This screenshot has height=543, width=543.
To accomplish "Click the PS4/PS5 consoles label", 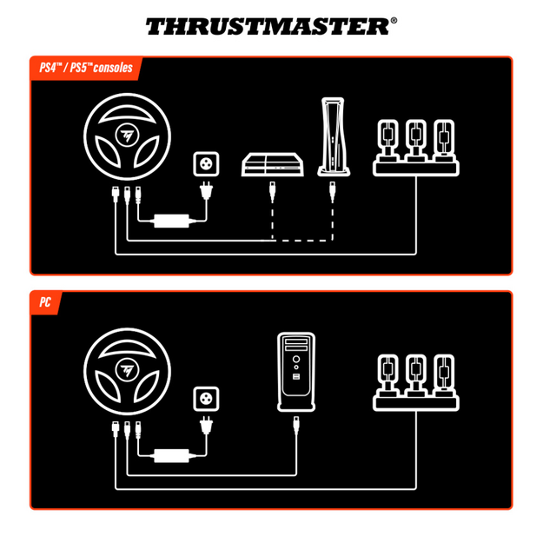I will (85, 68).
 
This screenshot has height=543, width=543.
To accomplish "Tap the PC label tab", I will (44, 303).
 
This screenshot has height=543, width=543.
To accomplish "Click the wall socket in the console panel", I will (208, 163).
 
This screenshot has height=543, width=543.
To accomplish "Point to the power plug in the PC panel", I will (207, 427).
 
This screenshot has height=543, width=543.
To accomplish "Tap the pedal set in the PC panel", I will (415, 382).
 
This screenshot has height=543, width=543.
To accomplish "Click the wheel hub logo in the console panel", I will (128, 137).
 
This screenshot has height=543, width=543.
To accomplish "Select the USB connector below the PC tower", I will (296, 424).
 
